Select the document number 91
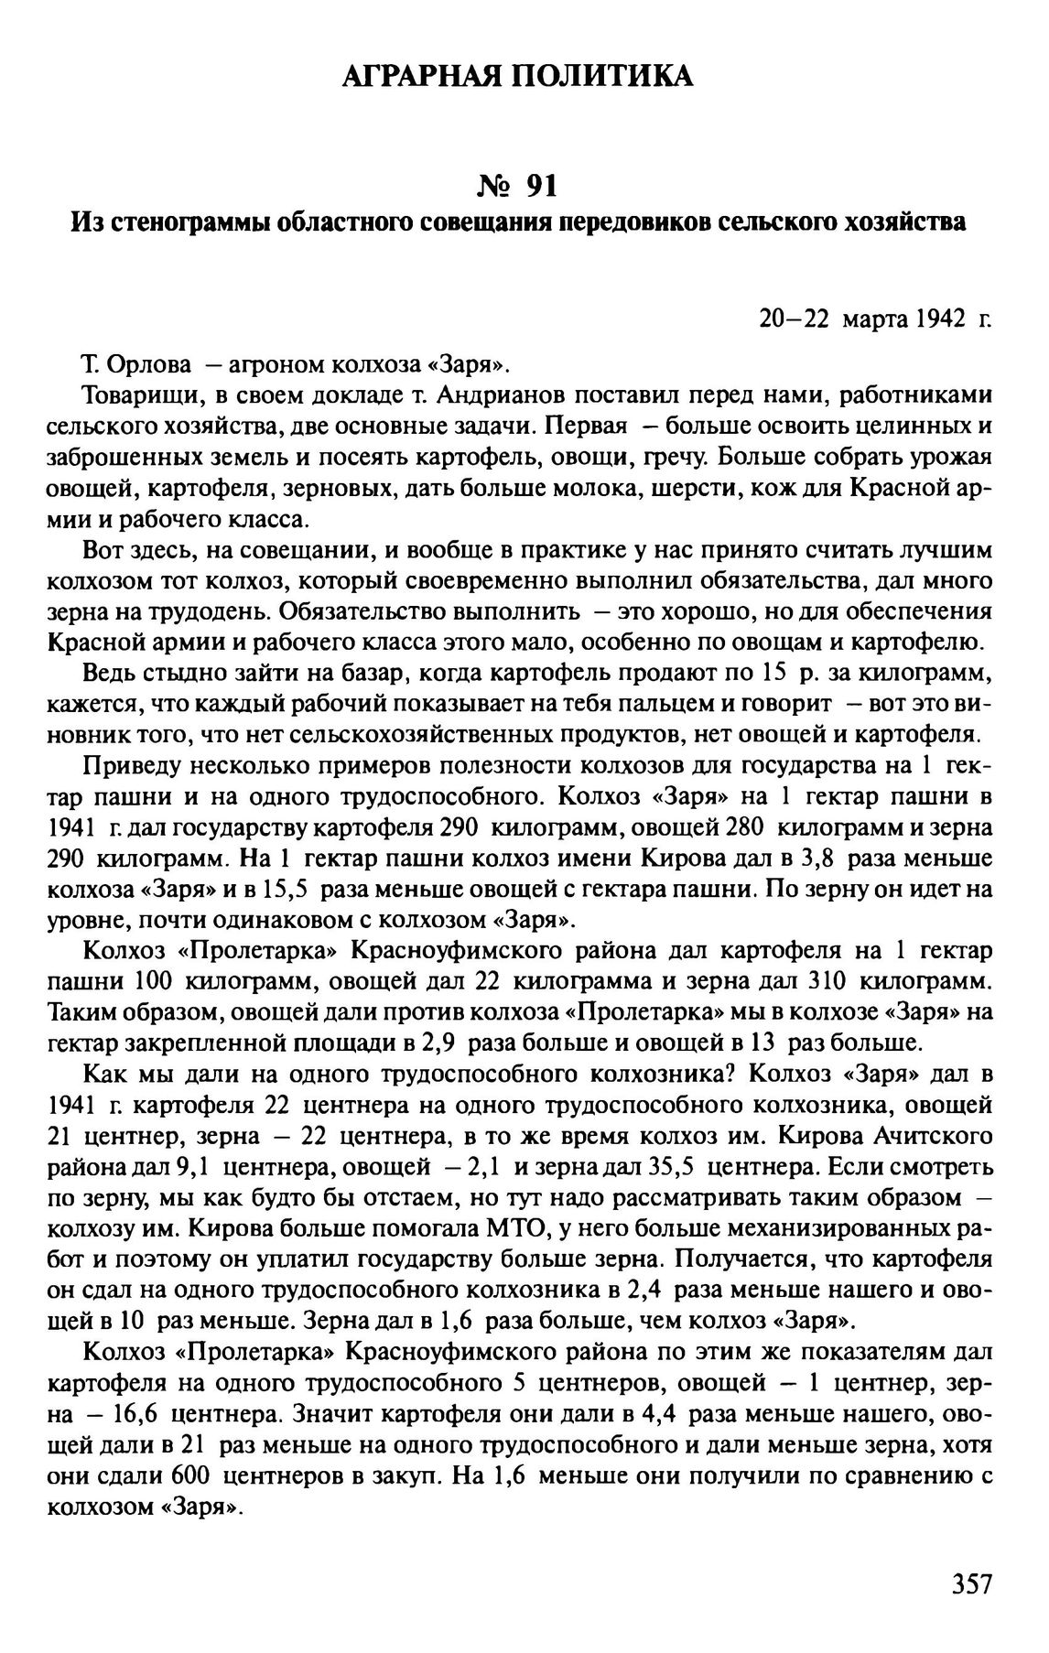[542, 186]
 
